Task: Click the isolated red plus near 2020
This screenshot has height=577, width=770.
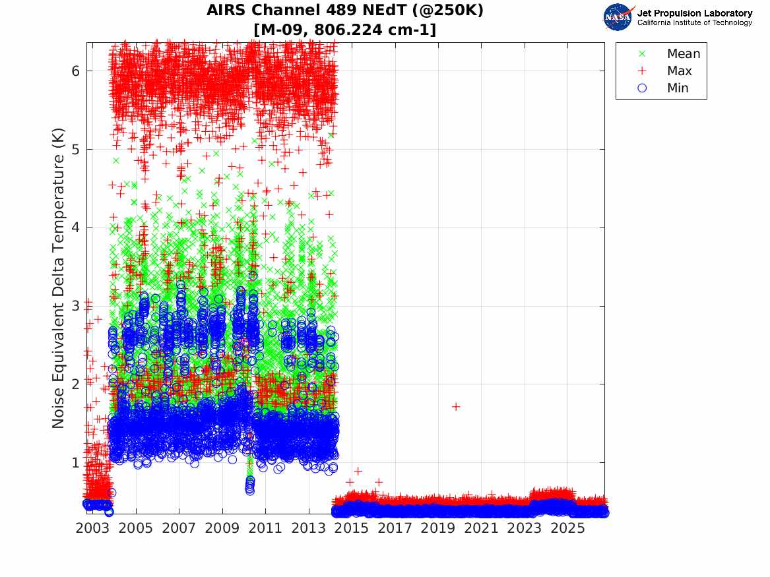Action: (x=456, y=407)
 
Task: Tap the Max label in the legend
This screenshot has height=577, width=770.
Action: (x=679, y=71)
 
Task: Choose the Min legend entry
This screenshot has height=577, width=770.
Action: (x=678, y=88)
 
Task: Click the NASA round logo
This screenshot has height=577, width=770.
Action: (x=618, y=17)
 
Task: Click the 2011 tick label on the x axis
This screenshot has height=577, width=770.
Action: (x=266, y=528)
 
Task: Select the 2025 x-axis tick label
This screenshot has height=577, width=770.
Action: (x=568, y=528)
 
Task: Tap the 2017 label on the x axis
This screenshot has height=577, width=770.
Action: (x=395, y=528)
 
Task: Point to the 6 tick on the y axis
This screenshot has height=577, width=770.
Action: (x=75, y=71)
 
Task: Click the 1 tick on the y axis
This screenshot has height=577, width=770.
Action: (x=75, y=463)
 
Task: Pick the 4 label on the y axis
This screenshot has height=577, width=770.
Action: (x=75, y=228)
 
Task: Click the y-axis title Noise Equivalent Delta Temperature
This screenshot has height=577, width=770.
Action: (x=58, y=278)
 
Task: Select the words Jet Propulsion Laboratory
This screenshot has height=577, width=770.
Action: (x=694, y=13)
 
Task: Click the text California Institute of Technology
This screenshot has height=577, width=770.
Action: (x=694, y=22)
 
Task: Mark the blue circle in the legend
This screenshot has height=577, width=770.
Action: (x=642, y=88)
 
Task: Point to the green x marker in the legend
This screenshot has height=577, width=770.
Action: (x=642, y=53)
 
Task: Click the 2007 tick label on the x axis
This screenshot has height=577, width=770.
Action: (x=179, y=528)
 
